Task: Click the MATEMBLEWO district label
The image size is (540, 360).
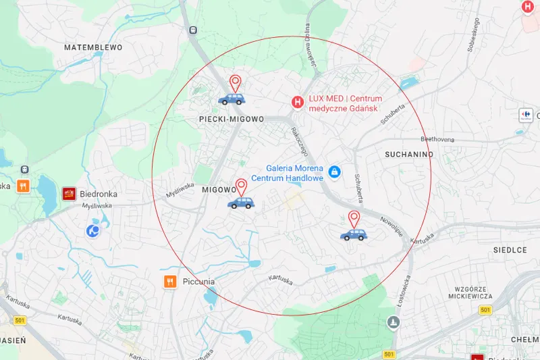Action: [92, 48]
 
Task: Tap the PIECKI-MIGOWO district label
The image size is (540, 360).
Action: [232, 119]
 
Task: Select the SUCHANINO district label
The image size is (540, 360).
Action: [408, 155]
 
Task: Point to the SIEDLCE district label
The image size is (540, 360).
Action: [510, 250]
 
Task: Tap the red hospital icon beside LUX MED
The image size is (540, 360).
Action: [296, 102]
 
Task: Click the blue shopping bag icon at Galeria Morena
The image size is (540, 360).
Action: [333, 172]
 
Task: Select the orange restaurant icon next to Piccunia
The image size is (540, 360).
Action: [169, 282]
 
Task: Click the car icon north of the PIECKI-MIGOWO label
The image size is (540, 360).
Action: [232, 99]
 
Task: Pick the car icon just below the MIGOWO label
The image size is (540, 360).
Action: [241, 202]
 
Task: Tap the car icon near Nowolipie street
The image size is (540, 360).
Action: [354, 234]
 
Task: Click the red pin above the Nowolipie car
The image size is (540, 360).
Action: [354, 219]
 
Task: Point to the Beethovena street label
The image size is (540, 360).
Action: [437, 139]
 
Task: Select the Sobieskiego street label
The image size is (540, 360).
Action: [473, 35]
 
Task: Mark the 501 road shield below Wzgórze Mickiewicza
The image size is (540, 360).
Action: [485, 309]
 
